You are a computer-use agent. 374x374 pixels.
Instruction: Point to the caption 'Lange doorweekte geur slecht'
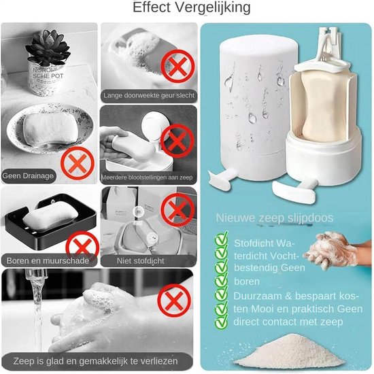[148, 96]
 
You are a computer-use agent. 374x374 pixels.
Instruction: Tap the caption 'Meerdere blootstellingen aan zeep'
[149, 175]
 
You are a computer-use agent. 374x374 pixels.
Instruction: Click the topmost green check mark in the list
[220, 239]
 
